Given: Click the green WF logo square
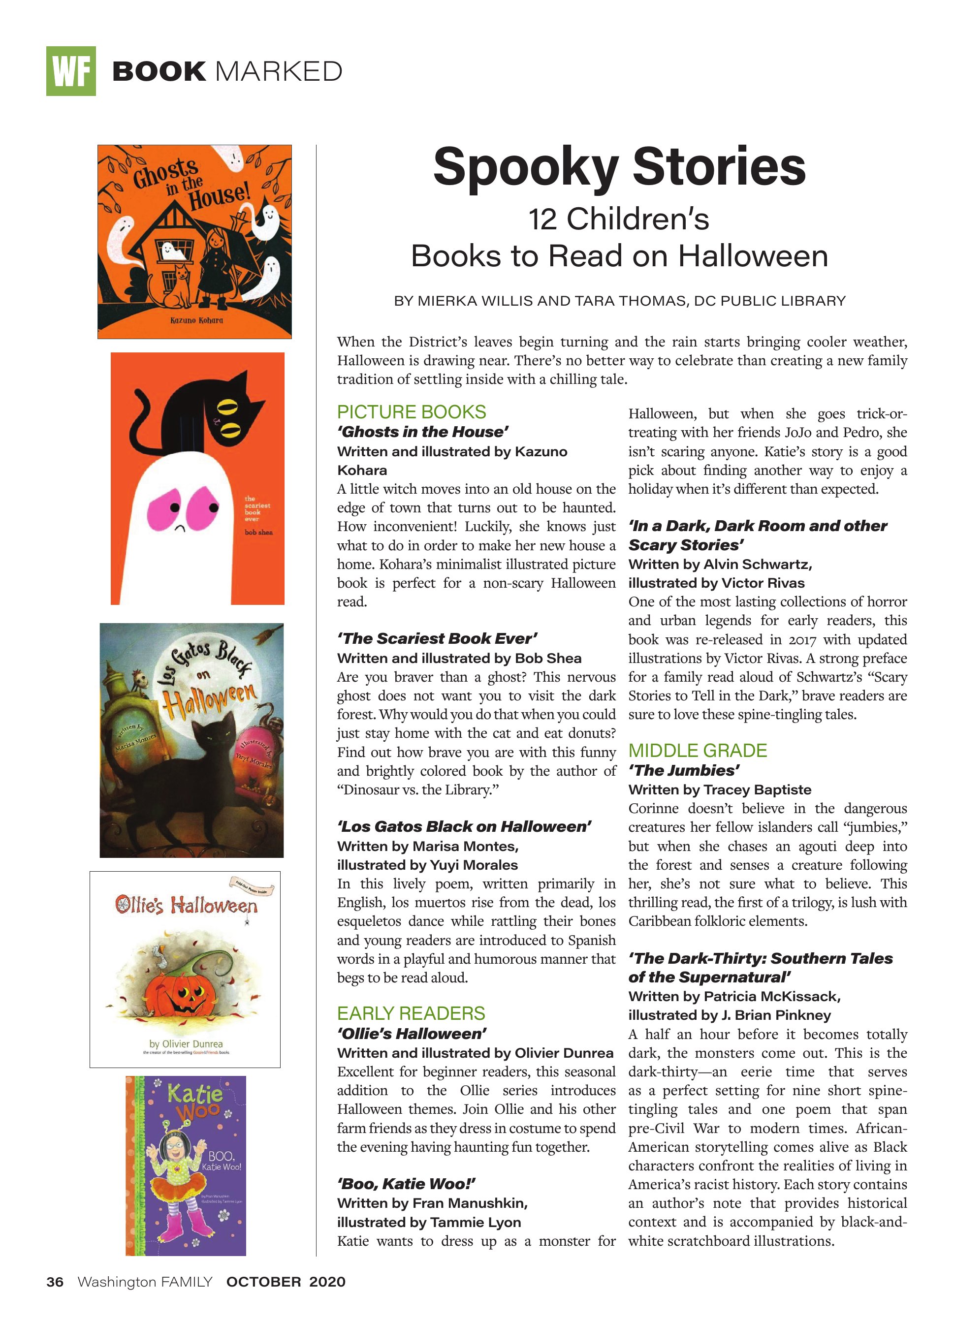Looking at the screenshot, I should pyautogui.click(x=70, y=71).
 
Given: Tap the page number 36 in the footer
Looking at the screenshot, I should pyautogui.click(x=55, y=1282).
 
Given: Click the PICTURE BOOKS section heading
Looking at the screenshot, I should pyautogui.click(x=412, y=412).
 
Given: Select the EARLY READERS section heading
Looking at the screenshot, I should pyautogui.click(x=411, y=1013).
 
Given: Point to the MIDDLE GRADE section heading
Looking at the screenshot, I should pyautogui.click(x=697, y=750).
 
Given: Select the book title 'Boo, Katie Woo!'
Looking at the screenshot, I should pyautogui.click(x=406, y=1184).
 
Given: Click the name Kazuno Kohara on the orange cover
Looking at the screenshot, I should pyautogui.click(x=196, y=320).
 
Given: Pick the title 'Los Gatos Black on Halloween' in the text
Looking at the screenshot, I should pyautogui.click(x=464, y=826).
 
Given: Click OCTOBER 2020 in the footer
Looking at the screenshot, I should pyautogui.click(x=286, y=1282).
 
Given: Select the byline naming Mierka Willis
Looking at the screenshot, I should pyautogui.click(x=620, y=301).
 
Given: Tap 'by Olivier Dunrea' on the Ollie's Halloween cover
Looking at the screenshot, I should pyautogui.click(x=186, y=1043).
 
